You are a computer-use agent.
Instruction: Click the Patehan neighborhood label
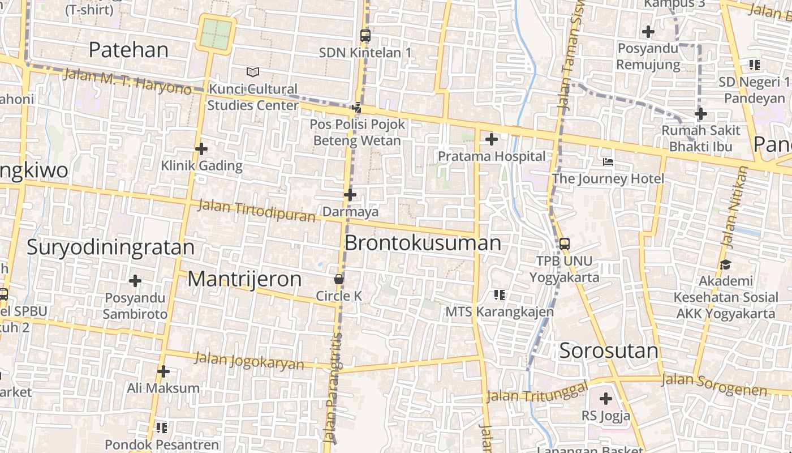pyautogui.click(x=128, y=50)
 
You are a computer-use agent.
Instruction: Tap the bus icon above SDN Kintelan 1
pyautogui.click(x=365, y=36)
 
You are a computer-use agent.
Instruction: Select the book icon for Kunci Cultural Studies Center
pyautogui.click(x=253, y=72)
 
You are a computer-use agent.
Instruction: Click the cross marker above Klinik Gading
pyautogui.click(x=201, y=149)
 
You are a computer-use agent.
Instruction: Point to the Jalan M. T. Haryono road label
pyautogui.click(x=127, y=82)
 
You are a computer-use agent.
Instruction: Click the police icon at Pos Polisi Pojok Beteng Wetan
pyautogui.click(x=357, y=107)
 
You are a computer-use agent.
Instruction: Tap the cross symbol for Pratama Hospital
pyautogui.click(x=492, y=139)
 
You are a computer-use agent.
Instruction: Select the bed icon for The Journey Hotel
pyautogui.click(x=608, y=162)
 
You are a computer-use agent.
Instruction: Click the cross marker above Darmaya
pyautogui.click(x=350, y=195)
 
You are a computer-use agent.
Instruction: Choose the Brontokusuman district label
pyautogui.click(x=423, y=243)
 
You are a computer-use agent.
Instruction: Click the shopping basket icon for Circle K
pyautogui.click(x=338, y=279)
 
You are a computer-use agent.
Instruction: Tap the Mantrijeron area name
pyautogui.click(x=244, y=279)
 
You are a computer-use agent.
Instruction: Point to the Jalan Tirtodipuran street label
pyautogui.click(x=256, y=211)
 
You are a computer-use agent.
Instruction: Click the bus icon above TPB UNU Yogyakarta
pyautogui.click(x=564, y=244)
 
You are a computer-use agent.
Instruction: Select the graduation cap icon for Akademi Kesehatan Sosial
pyautogui.click(x=725, y=264)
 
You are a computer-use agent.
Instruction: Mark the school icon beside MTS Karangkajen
pyautogui.click(x=499, y=294)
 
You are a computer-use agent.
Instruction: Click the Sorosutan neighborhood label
pyautogui.click(x=609, y=351)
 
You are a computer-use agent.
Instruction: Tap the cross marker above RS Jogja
pyautogui.click(x=606, y=399)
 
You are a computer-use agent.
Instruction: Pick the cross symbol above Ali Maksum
pyautogui.click(x=163, y=371)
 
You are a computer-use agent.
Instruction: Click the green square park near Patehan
pyautogui.click(x=217, y=34)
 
